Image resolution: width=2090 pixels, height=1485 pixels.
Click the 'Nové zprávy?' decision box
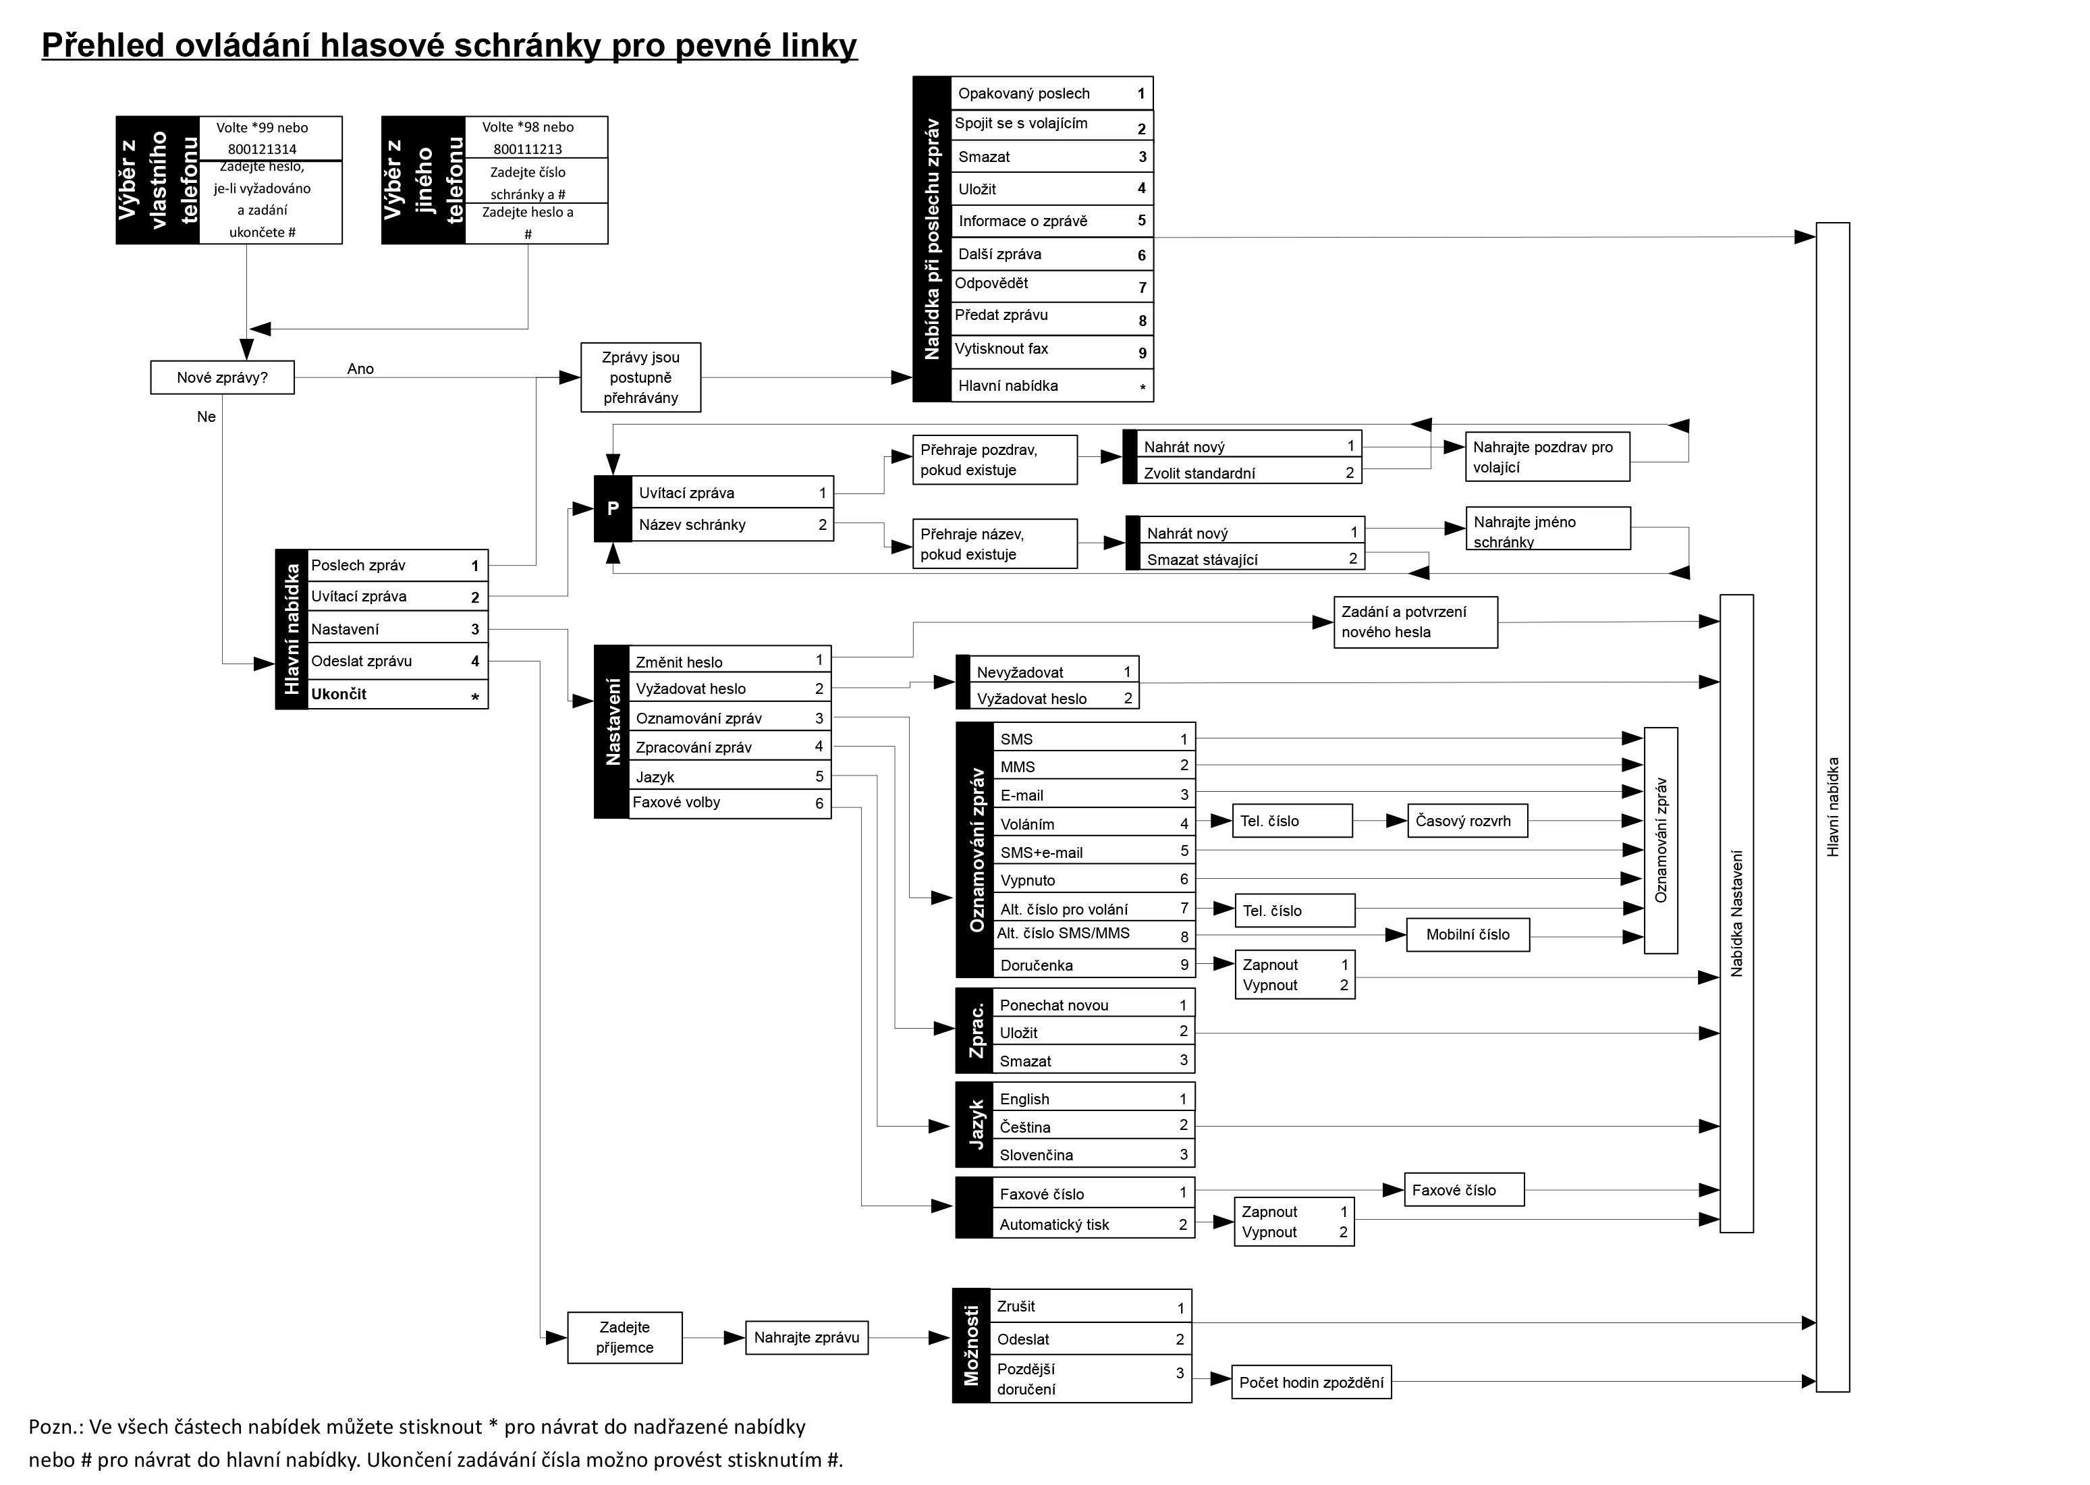(222, 377)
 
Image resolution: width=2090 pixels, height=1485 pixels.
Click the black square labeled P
(613, 508)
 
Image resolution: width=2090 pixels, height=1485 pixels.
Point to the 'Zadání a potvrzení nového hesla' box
(1414, 622)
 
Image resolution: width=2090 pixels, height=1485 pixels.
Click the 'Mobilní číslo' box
(1467, 934)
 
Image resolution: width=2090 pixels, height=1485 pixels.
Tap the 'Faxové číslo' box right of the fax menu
(1463, 1189)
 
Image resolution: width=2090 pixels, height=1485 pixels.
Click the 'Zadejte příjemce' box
(624, 1337)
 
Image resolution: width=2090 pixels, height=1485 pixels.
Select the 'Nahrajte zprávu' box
(806, 1337)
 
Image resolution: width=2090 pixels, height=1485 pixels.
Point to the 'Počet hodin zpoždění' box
(1311, 1382)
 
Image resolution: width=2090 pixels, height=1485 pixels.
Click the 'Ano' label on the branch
(360, 369)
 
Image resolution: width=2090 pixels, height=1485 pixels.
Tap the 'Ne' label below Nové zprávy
(207, 417)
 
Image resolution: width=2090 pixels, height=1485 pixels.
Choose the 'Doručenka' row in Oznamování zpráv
(1093, 965)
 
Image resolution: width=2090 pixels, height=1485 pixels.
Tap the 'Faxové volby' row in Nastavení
(729, 803)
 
